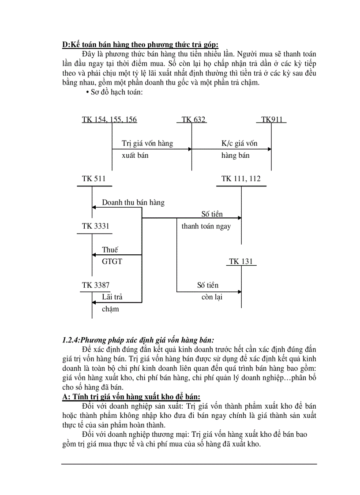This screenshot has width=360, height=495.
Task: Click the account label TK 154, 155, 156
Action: (x=109, y=120)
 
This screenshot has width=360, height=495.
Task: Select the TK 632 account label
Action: (x=193, y=120)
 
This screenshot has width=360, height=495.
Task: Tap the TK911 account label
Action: (x=271, y=120)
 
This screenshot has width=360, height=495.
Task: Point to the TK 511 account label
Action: (x=94, y=179)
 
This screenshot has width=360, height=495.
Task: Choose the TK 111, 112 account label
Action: (x=241, y=179)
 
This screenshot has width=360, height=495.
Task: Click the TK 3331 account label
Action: (x=95, y=226)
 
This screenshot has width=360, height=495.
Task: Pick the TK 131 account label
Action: (x=241, y=262)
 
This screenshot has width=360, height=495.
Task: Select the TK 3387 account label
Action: (x=96, y=285)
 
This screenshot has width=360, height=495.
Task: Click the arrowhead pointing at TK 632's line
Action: (x=190, y=149)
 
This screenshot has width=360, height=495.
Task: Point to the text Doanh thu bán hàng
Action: (x=133, y=203)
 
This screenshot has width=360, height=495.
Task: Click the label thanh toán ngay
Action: (x=206, y=227)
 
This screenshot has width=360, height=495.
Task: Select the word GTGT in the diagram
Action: (x=112, y=262)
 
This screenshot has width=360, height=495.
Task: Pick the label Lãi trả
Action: (x=112, y=297)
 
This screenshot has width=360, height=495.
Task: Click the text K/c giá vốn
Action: (x=239, y=143)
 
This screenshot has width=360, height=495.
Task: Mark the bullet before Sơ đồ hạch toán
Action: (x=87, y=92)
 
